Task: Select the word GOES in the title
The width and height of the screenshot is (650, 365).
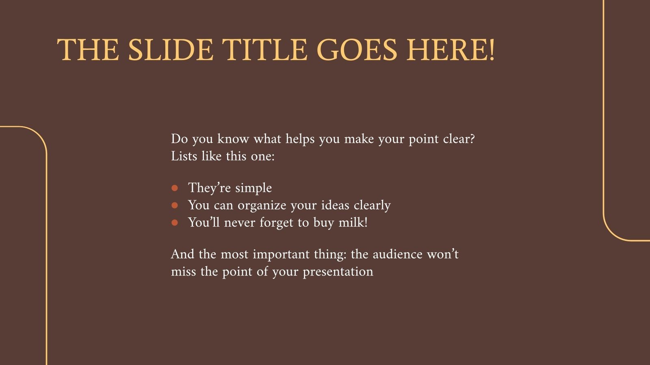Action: [356, 50]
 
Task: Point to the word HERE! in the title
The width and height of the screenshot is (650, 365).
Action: [451, 50]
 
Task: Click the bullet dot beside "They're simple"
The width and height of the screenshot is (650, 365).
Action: [175, 188]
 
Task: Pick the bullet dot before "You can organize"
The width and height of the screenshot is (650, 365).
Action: [175, 205]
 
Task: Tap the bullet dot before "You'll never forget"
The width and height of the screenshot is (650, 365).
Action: [175, 223]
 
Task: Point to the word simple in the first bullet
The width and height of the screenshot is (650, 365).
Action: [253, 188]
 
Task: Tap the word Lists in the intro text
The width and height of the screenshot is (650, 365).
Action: [184, 156]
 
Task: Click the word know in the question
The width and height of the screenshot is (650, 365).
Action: [233, 139]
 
